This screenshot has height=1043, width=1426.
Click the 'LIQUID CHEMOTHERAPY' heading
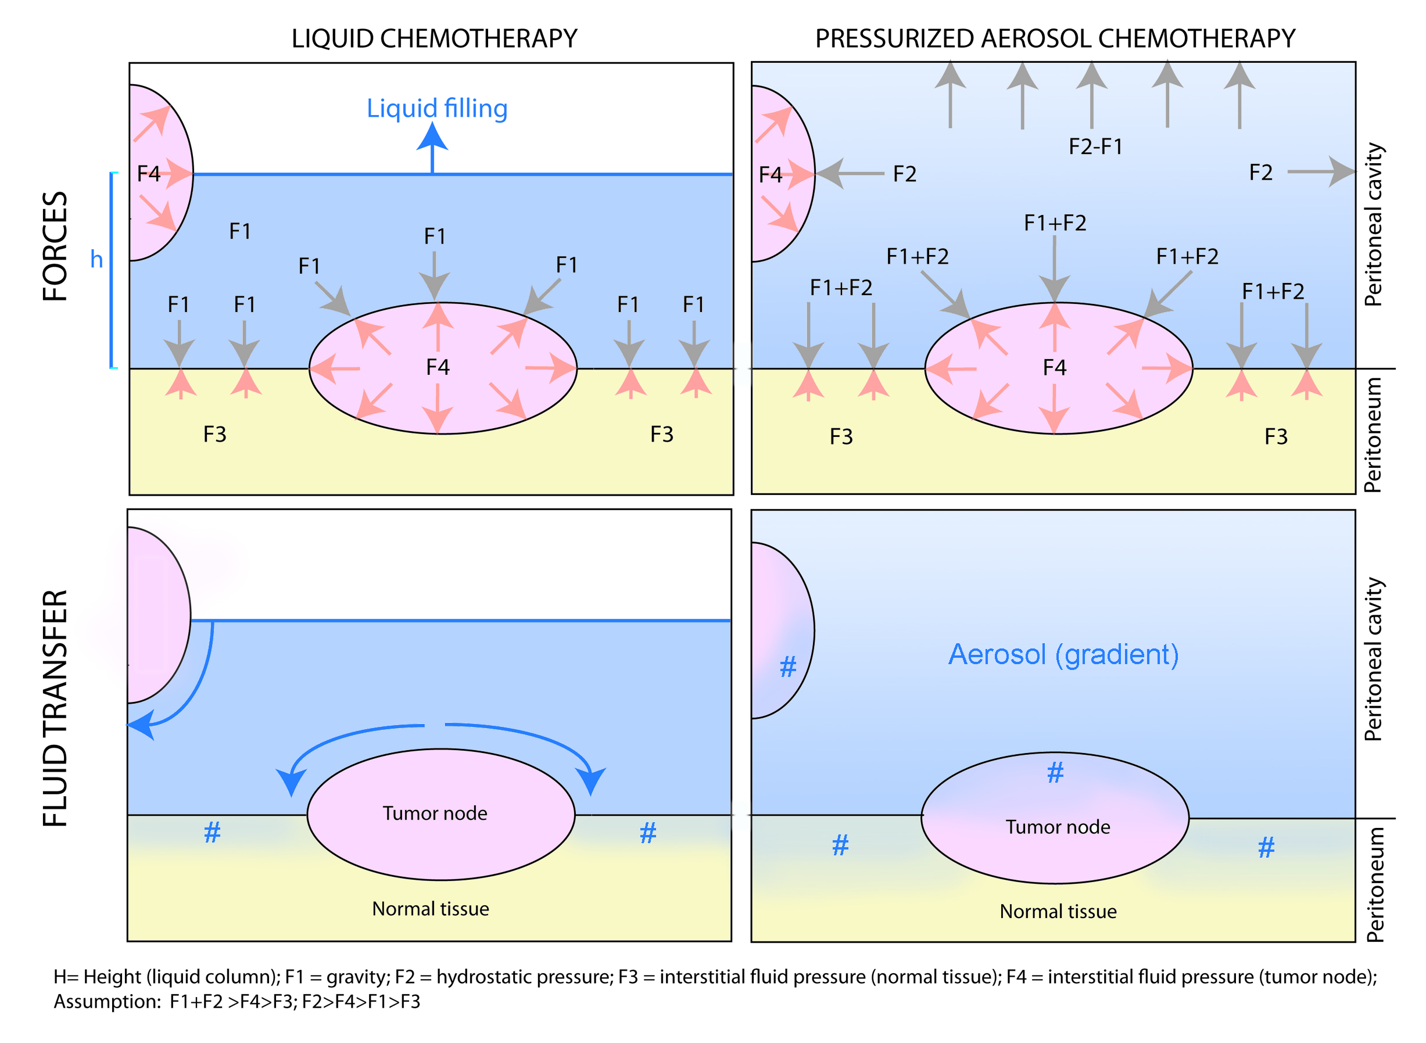433,38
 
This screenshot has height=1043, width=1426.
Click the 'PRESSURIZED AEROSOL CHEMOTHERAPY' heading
1055,38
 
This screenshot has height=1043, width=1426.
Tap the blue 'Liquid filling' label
437,108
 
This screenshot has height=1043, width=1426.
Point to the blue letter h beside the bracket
96,259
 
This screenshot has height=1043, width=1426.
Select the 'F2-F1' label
1095,146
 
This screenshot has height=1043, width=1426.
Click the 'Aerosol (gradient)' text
1063,654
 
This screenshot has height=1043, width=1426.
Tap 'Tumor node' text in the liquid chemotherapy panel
435,813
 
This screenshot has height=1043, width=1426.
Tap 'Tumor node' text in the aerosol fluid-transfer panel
1058,827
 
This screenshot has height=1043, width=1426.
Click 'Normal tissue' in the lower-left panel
431,909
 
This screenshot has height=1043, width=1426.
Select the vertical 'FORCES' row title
55,246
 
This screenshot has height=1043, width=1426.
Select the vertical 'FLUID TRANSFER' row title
55,708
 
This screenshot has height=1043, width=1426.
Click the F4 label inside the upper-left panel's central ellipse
438,367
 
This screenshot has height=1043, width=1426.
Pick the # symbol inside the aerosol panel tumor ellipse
1055,773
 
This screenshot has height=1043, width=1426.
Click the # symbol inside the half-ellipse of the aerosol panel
788,666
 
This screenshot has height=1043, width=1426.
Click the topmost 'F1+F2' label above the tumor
1055,223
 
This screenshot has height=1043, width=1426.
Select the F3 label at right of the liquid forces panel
661,435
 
